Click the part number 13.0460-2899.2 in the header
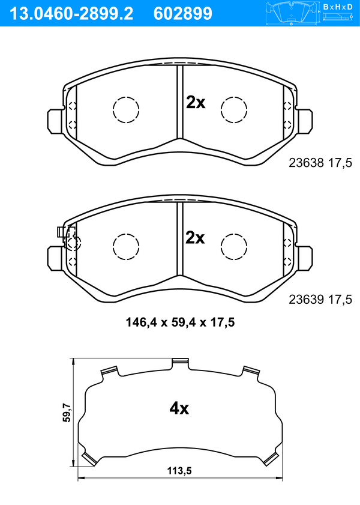point(72,14)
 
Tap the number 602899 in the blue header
point(183,14)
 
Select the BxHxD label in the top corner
point(338,7)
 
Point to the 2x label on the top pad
point(196,103)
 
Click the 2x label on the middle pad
point(195,238)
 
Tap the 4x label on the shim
point(179,408)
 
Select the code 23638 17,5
point(320,163)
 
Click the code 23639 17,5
point(320,300)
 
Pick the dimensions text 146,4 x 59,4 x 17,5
point(180,322)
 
